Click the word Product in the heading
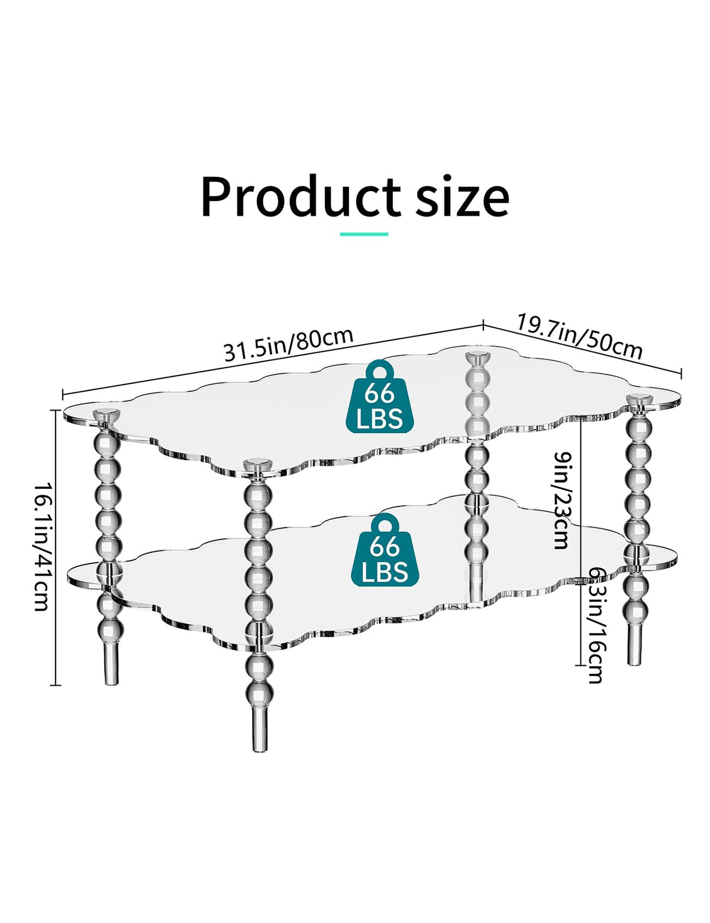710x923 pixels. [x=301, y=196]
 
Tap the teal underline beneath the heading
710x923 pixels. [x=364, y=234]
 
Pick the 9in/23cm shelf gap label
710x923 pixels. [x=563, y=500]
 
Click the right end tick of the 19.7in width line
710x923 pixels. [x=681, y=373]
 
